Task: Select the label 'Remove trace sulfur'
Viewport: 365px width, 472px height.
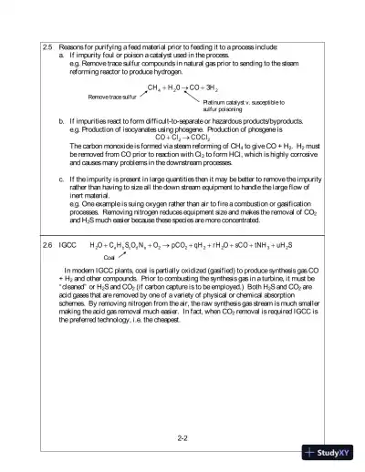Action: (112, 95)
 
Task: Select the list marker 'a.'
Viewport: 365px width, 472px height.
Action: (61, 54)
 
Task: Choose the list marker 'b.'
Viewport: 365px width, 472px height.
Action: (61, 119)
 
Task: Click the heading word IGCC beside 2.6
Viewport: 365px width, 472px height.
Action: (68, 246)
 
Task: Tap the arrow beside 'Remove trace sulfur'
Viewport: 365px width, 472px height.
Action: (141, 92)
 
